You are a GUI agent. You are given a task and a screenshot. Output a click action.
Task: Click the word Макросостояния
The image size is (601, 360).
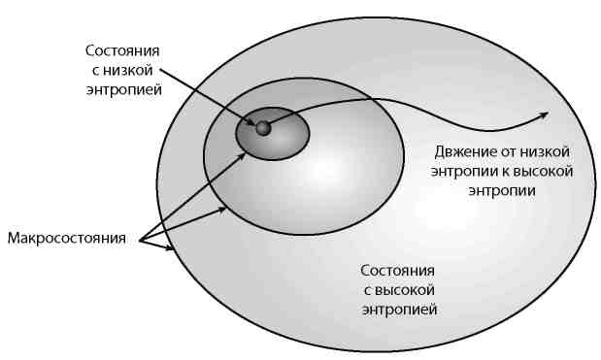[67, 237]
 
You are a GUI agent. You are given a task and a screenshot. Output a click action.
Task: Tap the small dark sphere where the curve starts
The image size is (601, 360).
[262, 127]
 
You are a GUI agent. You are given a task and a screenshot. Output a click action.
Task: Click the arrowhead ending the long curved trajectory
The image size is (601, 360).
[543, 115]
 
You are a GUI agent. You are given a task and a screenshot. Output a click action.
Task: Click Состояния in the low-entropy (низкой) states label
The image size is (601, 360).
[122, 49]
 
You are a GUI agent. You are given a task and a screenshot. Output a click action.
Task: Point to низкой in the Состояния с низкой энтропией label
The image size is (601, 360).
[139, 69]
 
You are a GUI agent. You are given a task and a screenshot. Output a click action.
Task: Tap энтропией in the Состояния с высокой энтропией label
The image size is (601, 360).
[398, 310]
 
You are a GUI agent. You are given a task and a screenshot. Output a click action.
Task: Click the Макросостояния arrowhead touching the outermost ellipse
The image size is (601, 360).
[173, 249]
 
